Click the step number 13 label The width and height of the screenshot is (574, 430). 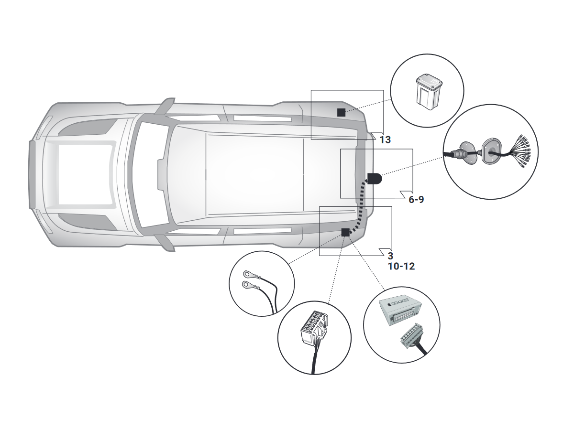pos(385,140)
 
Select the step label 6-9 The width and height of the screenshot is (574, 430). pos(416,200)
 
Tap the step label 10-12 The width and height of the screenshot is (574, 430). pos(401,267)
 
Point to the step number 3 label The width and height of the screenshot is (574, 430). pos(390,256)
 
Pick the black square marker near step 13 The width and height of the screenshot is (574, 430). pos(341,113)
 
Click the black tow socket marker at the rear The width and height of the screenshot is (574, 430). pos(375,178)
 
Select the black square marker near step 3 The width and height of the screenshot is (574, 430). pos(345,232)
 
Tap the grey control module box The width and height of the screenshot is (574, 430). pos(400,312)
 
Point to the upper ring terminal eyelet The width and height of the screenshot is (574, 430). pos(247,274)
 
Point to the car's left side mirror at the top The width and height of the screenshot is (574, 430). pos(164,106)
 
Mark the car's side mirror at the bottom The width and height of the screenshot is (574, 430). pos(164,243)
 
